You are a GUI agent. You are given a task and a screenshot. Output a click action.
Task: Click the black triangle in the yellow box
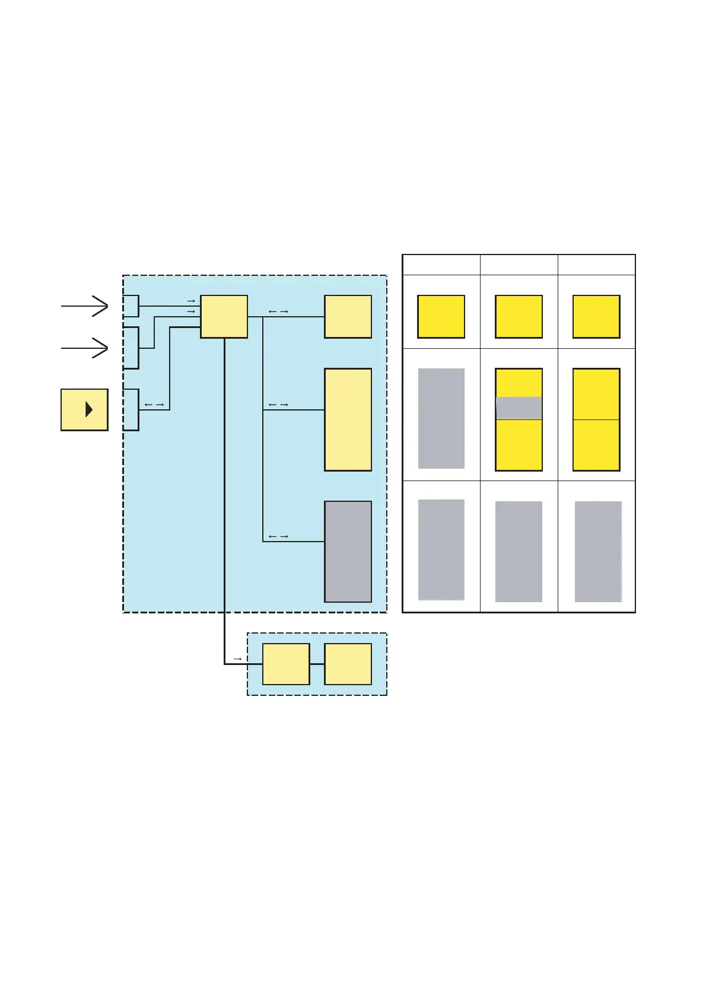point(89,409)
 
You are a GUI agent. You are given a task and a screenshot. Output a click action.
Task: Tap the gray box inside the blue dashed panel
point(348,551)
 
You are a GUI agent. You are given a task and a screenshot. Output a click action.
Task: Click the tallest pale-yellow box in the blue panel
point(348,419)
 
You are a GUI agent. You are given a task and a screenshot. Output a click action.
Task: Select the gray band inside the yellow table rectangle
point(519,408)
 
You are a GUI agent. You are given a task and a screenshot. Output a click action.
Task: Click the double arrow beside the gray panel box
point(278,536)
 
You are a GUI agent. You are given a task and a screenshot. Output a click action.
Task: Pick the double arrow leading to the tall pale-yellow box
point(278,405)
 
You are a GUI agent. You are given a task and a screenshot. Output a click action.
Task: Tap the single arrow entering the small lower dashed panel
point(237,658)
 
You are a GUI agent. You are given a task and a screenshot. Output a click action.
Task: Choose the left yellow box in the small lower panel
point(286,664)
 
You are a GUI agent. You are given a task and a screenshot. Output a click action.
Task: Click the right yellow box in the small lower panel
point(348,664)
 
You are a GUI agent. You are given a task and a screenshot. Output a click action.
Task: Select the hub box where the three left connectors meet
point(224,316)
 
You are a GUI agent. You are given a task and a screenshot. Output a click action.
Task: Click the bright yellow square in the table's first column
point(441,316)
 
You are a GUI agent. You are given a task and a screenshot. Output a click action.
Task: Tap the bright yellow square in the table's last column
point(596,316)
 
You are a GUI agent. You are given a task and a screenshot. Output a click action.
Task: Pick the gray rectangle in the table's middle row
point(441,418)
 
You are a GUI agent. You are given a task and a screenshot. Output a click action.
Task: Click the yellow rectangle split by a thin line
point(596,419)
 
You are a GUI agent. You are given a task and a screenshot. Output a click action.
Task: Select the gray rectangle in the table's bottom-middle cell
point(519,551)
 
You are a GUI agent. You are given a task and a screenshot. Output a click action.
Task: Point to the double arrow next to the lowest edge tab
point(154,405)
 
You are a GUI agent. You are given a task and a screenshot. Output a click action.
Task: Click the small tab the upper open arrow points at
point(131,306)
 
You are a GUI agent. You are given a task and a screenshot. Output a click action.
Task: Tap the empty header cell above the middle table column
point(519,265)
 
